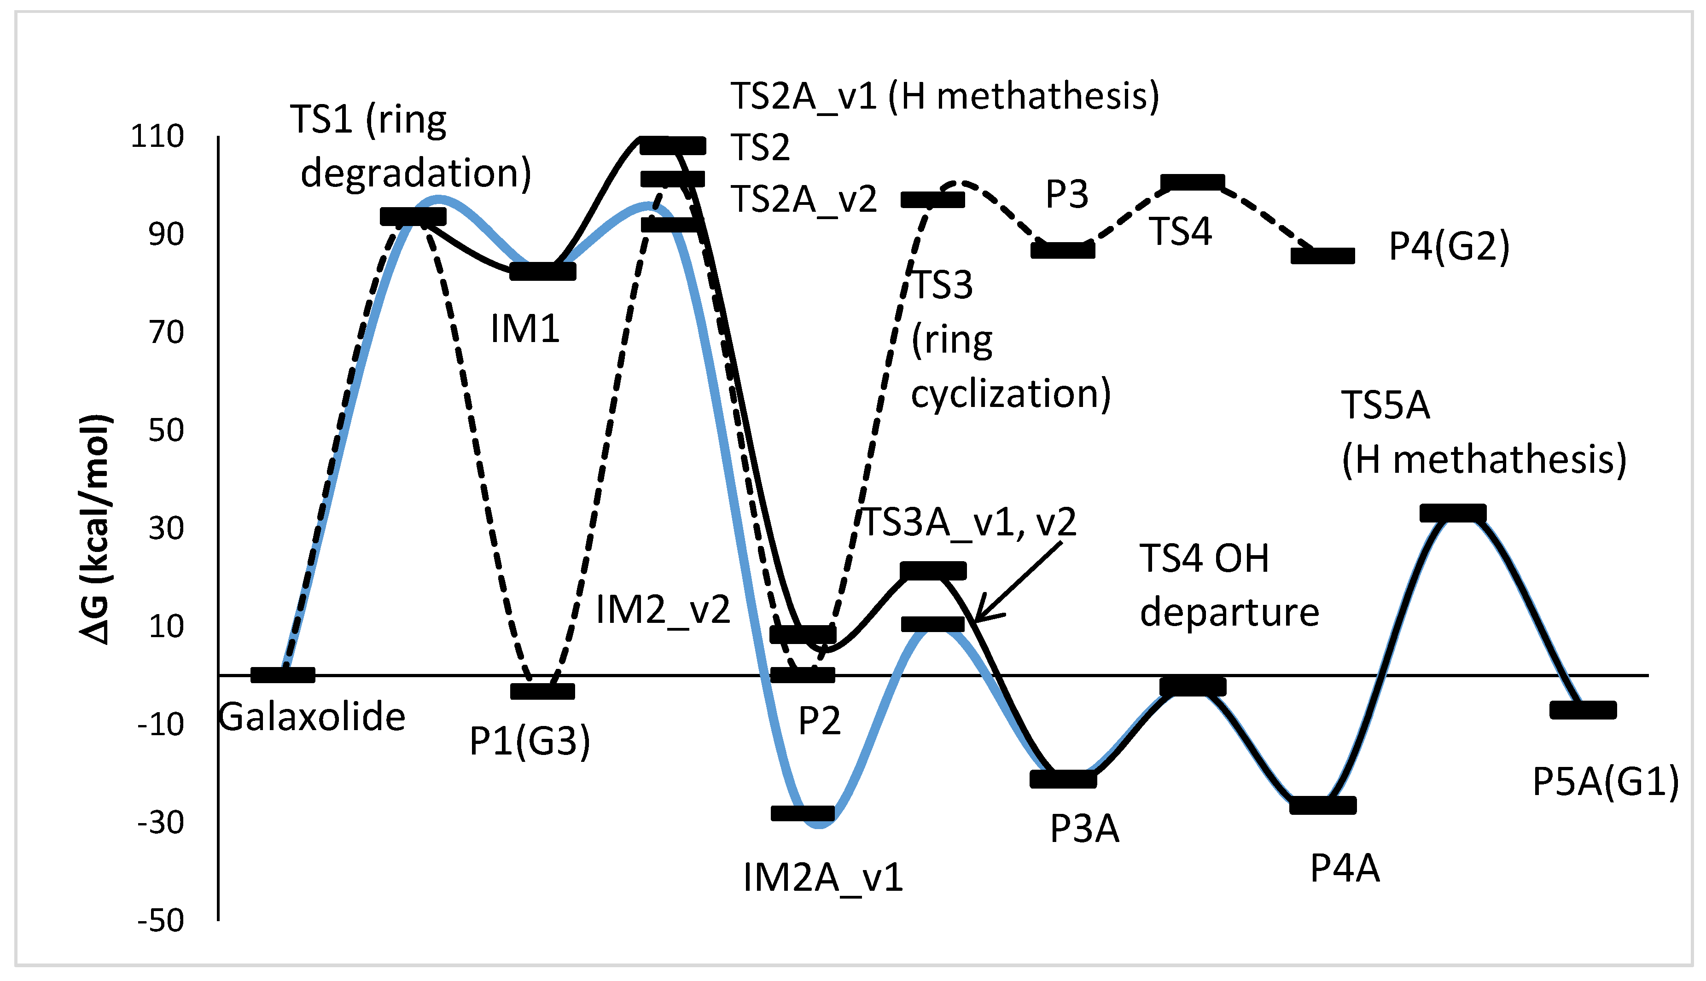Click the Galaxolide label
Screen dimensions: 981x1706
pyautogui.click(x=312, y=717)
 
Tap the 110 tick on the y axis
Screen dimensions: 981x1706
pyautogui.click(x=157, y=137)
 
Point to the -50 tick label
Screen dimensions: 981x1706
pyautogui.click(x=160, y=920)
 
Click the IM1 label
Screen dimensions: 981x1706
pyautogui.click(x=525, y=330)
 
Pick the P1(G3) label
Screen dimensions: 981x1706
pyautogui.click(x=530, y=741)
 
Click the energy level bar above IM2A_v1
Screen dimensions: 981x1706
pyautogui.click(x=803, y=813)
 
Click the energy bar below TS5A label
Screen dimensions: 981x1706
pyautogui.click(x=1453, y=513)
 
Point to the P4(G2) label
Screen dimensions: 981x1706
pyautogui.click(x=1449, y=247)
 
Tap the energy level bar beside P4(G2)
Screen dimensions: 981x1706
pyautogui.click(x=1322, y=256)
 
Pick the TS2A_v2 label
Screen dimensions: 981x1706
pyautogui.click(x=804, y=199)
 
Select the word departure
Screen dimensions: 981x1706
pyautogui.click(x=1229, y=612)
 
